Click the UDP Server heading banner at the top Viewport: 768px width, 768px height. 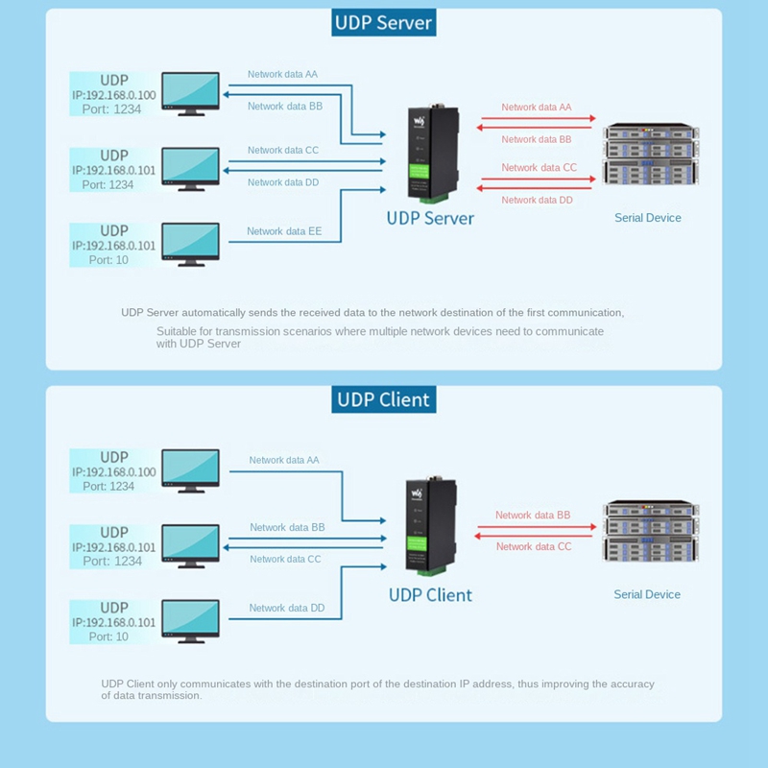pos(383,23)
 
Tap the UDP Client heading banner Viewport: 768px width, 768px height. pos(383,399)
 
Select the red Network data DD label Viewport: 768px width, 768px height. pos(537,200)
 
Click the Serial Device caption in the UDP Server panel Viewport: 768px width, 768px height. pos(648,218)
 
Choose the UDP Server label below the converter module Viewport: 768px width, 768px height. pos(430,218)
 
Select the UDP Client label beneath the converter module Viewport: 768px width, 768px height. pos(430,595)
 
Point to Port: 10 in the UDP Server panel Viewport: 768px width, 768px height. pos(108,260)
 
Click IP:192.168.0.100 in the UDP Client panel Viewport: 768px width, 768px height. pos(113,472)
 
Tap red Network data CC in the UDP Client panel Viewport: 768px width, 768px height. pos(534,546)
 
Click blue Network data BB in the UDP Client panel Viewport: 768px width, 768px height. pos(287,527)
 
